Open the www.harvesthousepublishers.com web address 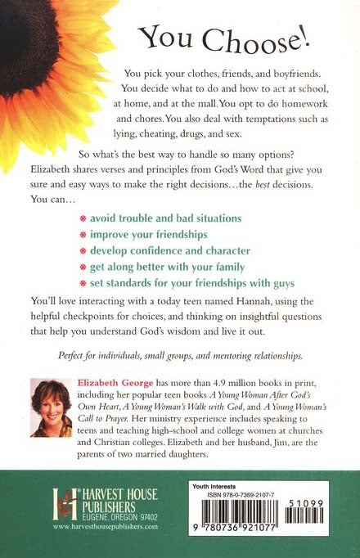click(x=103, y=528)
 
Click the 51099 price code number click(x=324, y=502)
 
